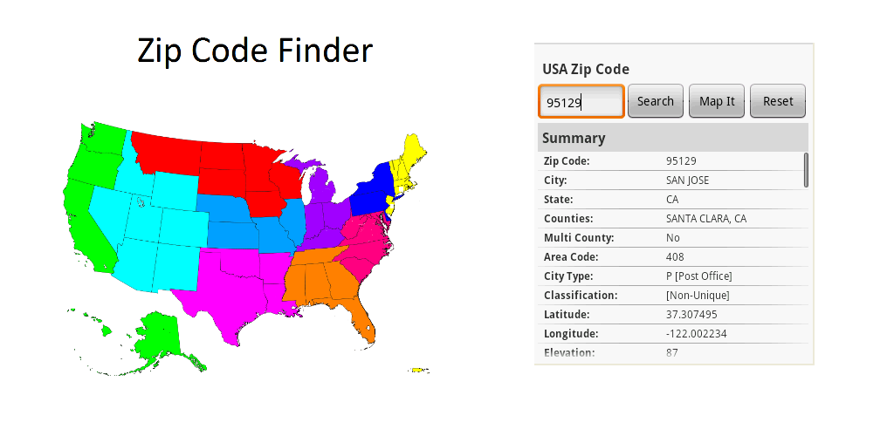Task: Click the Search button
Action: tap(655, 101)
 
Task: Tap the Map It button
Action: tap(717, 101)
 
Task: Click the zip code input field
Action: tap(581, 102)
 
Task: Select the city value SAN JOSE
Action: tap(687, 181)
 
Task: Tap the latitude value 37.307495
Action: tap(691, 315)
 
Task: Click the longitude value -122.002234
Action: tap(697, 334)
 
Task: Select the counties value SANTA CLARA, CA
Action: tap(705, 219)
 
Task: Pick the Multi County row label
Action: tap(578, 238)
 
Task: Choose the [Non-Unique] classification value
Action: tap(697, 296)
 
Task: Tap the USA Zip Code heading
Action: tap(585, 69)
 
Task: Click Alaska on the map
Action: tap(157, 336)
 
